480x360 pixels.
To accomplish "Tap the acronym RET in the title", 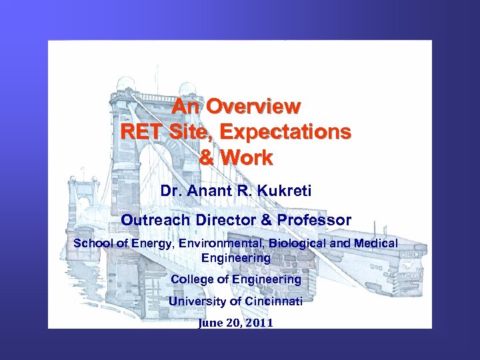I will [x=142, y=132].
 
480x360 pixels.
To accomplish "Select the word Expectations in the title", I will [x=291, y=132].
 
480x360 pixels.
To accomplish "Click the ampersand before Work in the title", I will [x=208, y=158].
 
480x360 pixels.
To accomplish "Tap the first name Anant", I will [x=211, y=191].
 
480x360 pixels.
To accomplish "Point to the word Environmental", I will [x=219, y=243].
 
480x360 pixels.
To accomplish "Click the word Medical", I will [x=375, y=243].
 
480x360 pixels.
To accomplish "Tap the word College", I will [x=192, y=279].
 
